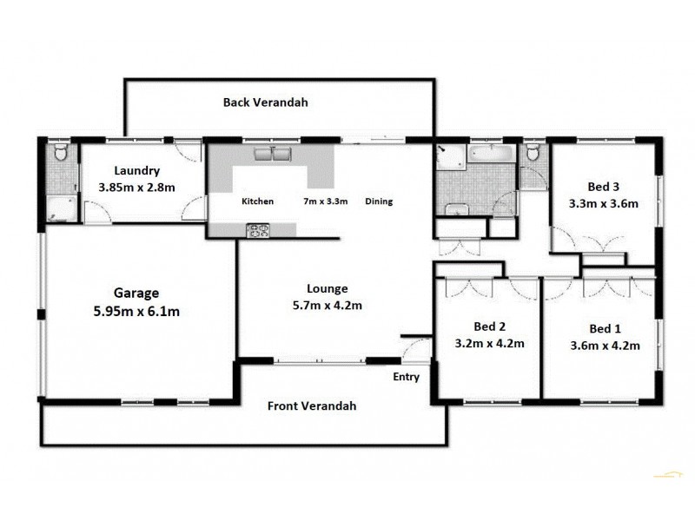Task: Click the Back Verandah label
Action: (265, 102)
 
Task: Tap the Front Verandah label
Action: (311, 406)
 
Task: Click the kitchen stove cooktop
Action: (259, 230)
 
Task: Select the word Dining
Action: (379, 201)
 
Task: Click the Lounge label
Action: (327, 288)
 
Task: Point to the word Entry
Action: (406, 377)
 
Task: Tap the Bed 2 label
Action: (489, 326)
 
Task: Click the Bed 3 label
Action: (603, 187)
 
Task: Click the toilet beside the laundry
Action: (59, 155)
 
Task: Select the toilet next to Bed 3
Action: (533, 155)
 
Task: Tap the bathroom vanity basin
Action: (454, 209)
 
